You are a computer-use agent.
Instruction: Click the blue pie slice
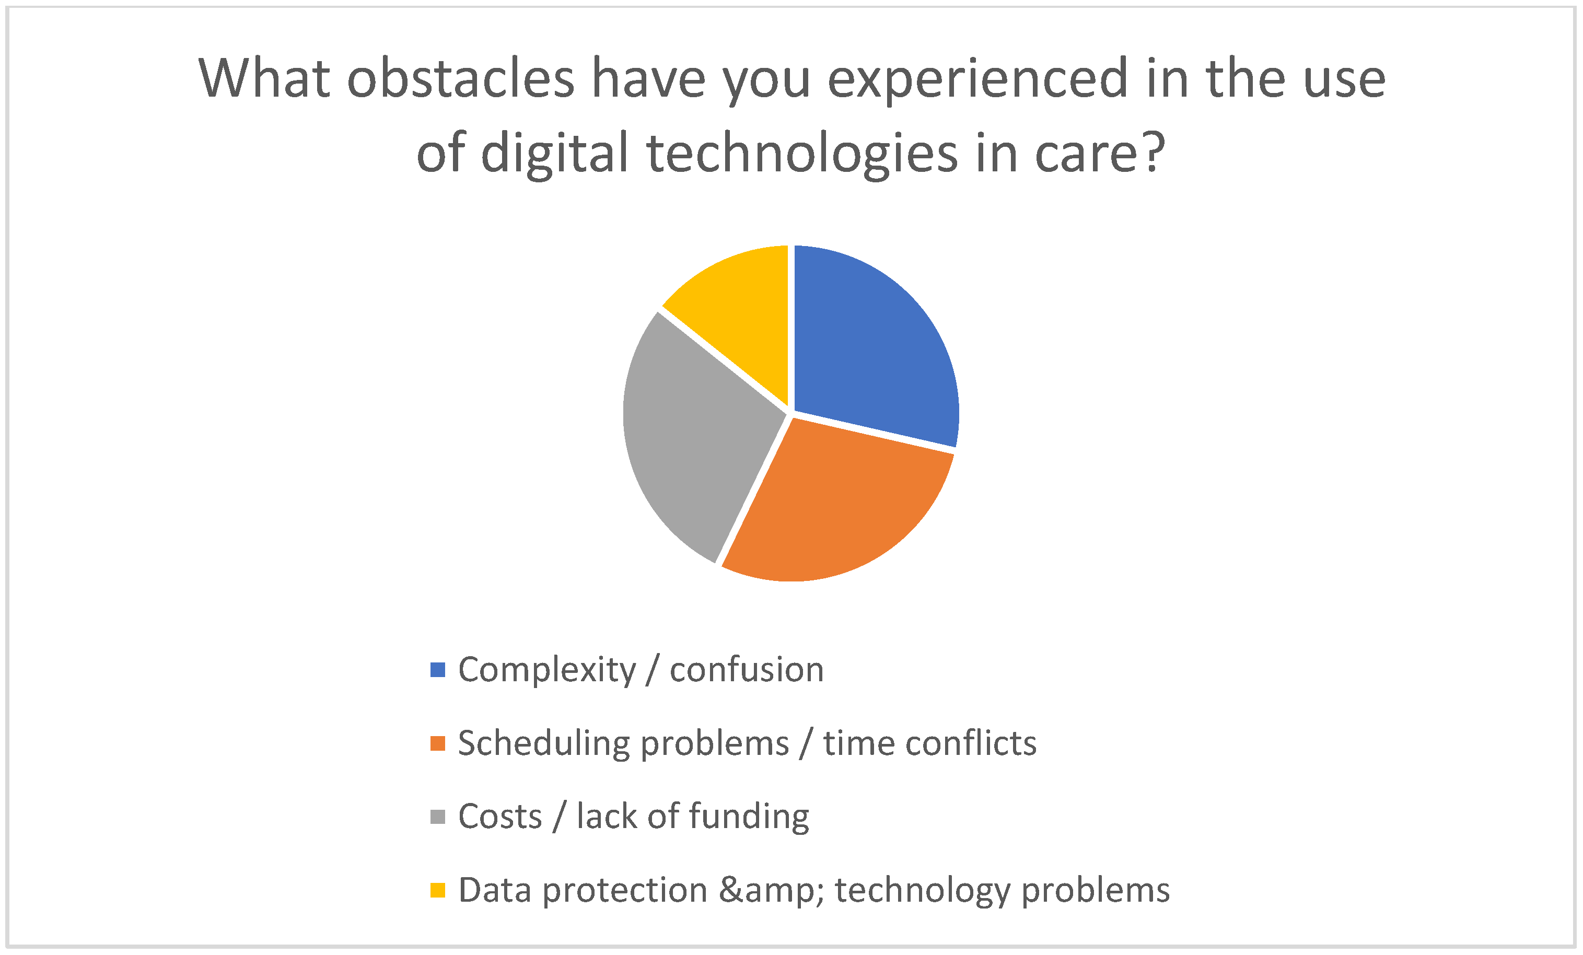click(x=867, y=341)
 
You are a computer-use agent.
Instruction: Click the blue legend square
click(x=437, y=670)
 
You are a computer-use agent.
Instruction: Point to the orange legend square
click(x=437, y=743)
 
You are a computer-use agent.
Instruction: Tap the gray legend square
click(x=437, y=816)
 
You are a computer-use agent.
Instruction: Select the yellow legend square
click(x=437, y=890)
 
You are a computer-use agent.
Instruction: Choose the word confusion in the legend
click(x=747, y=670)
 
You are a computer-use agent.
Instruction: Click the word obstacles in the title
click(x=461, y=78)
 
